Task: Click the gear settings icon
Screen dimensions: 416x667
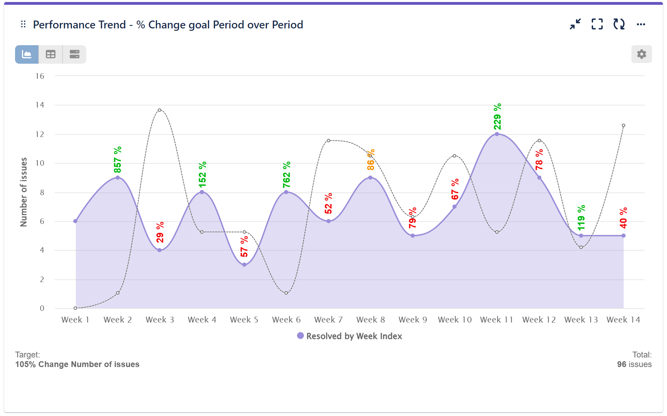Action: point(641,54)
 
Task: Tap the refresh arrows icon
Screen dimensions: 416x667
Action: point(619,24)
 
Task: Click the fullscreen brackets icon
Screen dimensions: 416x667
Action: point(597,24)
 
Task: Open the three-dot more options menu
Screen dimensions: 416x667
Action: point(641,24)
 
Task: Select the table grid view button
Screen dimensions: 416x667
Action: point(51,54)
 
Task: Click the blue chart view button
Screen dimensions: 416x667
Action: point(27,54)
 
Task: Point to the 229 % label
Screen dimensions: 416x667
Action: point(497,117)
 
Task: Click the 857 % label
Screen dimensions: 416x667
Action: point(118,160)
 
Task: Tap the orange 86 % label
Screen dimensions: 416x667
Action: point(371,160)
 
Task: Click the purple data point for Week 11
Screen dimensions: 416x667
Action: point(497,134)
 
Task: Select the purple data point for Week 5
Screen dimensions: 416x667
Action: point(244,265)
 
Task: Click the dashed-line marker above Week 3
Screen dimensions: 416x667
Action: point(159,110)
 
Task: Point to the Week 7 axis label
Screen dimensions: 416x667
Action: point(328,320)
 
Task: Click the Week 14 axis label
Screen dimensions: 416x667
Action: point(623,320)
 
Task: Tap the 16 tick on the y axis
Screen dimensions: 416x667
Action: point(40,76)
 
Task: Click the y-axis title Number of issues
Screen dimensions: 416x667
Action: point(23,192)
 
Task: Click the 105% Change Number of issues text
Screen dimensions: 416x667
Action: point(77,364)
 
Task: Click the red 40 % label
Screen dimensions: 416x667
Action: point(623,218)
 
